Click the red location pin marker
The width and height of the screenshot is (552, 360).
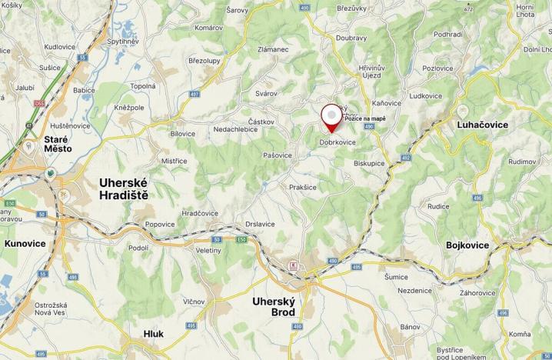point(332,118)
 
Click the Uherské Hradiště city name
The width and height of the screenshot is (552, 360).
point(124,188)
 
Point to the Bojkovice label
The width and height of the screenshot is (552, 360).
point(467,245)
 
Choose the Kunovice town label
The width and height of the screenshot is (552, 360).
point(25,243)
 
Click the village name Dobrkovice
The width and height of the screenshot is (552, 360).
point(338,142)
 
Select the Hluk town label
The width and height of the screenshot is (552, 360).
point(154,334)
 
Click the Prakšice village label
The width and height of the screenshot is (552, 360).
point(303,187)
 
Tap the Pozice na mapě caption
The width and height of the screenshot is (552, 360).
point(365,118)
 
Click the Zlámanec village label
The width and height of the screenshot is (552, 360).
point(273,71)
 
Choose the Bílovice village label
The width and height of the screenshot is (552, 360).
point(183,133)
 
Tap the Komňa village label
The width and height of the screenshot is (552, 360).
point(519,334)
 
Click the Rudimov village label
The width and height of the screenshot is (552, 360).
point(520,162)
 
